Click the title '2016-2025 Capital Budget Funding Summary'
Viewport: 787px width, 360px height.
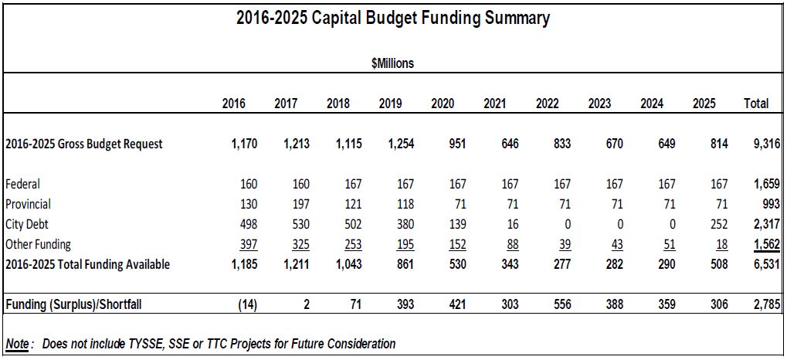coord(393,19)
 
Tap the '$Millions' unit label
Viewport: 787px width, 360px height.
coord(392,63)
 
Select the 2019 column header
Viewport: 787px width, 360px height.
coord(391,104)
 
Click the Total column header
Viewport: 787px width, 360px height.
coord(755,104)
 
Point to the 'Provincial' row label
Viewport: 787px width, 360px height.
coord(28,204)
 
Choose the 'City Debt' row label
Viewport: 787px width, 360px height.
coord(27,224)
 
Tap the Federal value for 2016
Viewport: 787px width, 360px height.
coord(247,184)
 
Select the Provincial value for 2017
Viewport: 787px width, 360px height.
coord(300,204)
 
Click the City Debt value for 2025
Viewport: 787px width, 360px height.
coord(718,224)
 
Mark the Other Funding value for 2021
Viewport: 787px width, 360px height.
coord(509,244)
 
